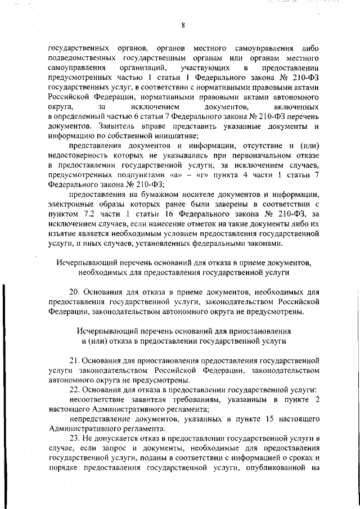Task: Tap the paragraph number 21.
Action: pos(74,360)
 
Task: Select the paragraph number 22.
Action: pos(74,390)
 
